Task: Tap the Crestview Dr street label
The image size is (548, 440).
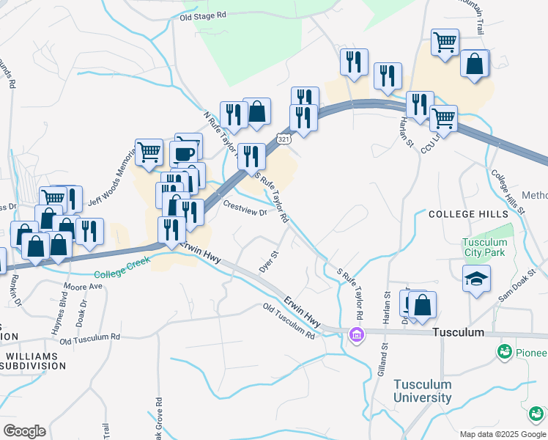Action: pyautogui.click(x=245, y=208)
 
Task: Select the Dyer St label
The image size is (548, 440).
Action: pyautogui.click(x=270, y=260)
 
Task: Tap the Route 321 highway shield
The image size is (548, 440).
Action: pyautogui.click(x=284, y=138)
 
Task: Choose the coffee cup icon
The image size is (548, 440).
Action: pyautogui.click(x=184, y=153)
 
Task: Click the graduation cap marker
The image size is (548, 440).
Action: pyautogui.click(x=476, y=279)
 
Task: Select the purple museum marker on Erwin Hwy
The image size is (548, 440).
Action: pyautogui.click(x=357, y=335)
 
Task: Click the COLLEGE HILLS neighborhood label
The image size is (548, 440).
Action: pyautogui.click(x=468, y=213)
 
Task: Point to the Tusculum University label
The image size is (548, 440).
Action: pyautogui.click(x=423, y=392)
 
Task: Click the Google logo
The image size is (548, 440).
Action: pyautogui.click(x=24, y=430)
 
